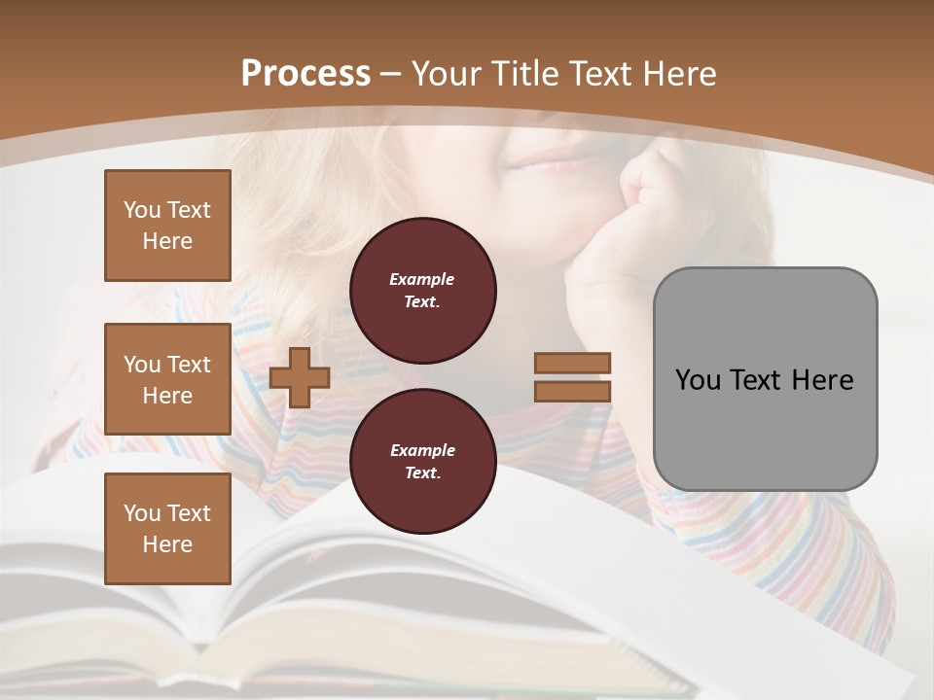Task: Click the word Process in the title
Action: point(305,74)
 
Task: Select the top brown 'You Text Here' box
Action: point(167,226)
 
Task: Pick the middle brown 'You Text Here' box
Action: point(167,379)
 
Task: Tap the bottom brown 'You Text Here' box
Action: point(167,529)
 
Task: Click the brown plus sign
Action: point(300,377)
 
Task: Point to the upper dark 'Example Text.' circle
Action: point(422,290)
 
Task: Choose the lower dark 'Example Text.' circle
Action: point(422,461)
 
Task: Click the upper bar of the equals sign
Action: point(572,363)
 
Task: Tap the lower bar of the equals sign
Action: point(572,391)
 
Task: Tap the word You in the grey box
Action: point(697,379)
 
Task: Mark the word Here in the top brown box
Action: point(167,241)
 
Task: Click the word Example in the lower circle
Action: point(422,450)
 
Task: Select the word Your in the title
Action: point(448,74)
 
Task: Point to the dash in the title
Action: point(391,74)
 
